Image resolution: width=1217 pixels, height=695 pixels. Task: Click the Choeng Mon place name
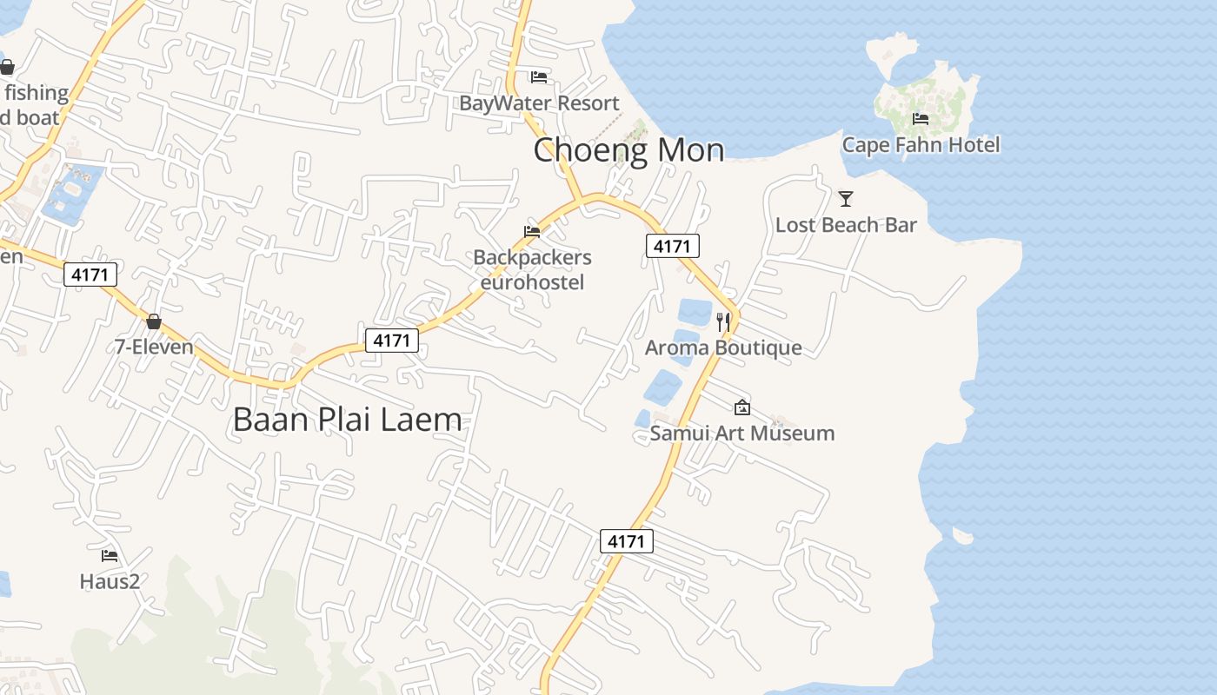(x=628, y=150)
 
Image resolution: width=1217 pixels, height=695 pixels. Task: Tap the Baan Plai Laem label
(x=347, y=420)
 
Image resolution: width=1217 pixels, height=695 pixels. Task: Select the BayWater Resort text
(x=539, y=103)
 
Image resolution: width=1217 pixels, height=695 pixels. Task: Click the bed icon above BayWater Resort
(x=539, y=76)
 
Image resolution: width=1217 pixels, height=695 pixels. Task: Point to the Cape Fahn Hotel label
(x=921, y=144)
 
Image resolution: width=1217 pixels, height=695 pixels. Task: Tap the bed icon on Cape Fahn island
(x=921, y=118)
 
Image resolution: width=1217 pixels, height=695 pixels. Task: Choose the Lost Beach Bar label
(x=846, y=225)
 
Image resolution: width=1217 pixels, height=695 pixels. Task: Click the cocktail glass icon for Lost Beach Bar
(x=846, y=199)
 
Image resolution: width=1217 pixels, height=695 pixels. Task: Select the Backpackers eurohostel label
(x=532, y=269)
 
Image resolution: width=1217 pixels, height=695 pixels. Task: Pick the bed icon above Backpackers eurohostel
(x=532, y=231)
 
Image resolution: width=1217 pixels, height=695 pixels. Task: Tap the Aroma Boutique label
(x=723, y=348)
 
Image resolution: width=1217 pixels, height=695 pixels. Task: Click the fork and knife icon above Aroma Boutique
(x=723, y=321)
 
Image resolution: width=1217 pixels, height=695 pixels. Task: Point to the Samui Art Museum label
(x=742, y=433)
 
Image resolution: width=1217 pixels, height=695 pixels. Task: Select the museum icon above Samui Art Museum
(x=742, y=407)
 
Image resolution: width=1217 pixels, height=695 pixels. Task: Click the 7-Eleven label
(x=154, y=347)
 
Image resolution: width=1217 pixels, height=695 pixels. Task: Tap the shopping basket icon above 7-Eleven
(x=154, y=321)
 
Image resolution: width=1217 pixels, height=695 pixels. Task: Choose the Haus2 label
(x=110, y=581)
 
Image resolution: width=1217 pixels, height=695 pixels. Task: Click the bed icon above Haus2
(x=110, y=555)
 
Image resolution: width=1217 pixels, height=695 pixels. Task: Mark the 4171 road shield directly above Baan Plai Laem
(x=391, y=341)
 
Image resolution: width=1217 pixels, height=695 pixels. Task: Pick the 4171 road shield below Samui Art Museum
(x=626, y=541)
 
